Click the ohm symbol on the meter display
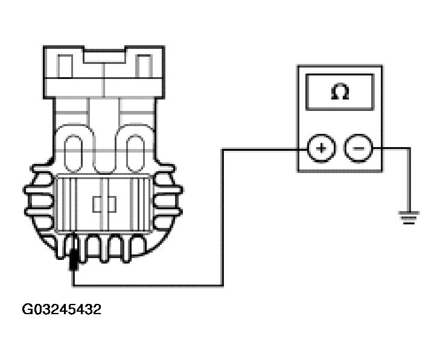point(340,91)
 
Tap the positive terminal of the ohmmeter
point(321,148)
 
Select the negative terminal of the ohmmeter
point(359,148)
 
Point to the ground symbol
point(409,218)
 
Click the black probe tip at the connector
point(74,258)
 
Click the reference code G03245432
point(62,309)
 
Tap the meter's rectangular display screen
point(340,92)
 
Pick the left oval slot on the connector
point(74,153)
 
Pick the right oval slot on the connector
point(135,153)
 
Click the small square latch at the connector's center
point(104,204)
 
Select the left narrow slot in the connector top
point(65,66)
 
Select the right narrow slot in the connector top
point(144,66)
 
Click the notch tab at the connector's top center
point(104,56)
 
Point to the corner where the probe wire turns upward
point(223,286)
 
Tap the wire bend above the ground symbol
point(409,148)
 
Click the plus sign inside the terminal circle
point(321,148)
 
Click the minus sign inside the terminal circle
point(359,148)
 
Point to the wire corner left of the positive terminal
point(223,150)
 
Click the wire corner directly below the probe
point(74,286)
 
